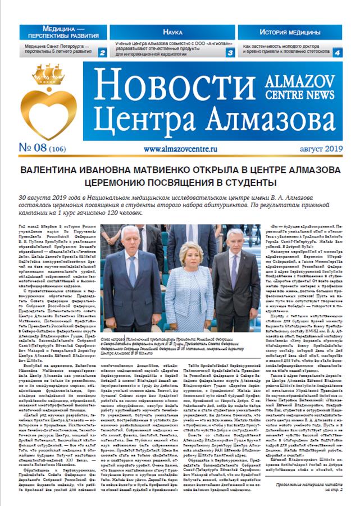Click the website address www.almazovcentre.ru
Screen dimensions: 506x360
[x=180, y=150]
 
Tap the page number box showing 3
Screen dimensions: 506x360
[x=230, y=53]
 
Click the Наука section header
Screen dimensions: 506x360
[x=172, y=32]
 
